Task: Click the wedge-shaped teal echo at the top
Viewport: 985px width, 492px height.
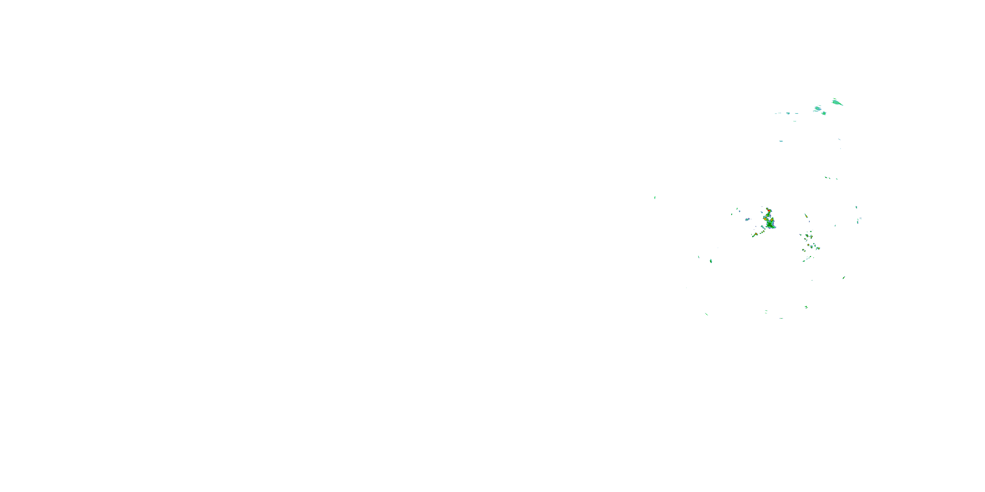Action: [x=837, y=102]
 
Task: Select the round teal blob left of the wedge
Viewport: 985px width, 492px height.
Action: [x=818, y=109]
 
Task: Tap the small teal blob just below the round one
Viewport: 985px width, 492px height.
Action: [x=824, y=113]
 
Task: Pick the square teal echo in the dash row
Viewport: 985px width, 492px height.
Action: [x=788, y=113]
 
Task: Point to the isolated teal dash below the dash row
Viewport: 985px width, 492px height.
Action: [x=781, y=141]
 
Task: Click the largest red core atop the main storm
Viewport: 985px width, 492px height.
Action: [x=768, y=211]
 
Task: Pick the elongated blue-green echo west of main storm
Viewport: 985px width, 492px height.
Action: [x=748, y=220]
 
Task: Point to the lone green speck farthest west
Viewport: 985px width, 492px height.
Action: [x=655, y=197]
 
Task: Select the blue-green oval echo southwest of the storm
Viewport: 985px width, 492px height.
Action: [x=711, y=261]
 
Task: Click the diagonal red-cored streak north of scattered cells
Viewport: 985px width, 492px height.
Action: [x=806, y=216]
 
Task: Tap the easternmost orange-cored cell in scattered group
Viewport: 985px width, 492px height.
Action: [x=818, y=248]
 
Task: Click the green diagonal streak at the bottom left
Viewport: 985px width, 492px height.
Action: [x=706, y=314]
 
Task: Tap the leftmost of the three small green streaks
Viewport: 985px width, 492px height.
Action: [x=826, y=177]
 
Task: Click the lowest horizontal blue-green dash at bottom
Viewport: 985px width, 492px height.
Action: [x=781, y=318]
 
